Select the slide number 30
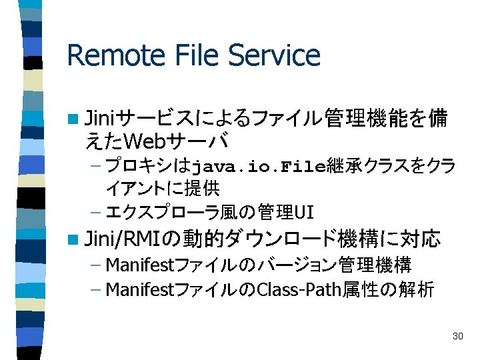click(x=457, y=336)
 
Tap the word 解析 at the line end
click(x=421, y=289)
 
